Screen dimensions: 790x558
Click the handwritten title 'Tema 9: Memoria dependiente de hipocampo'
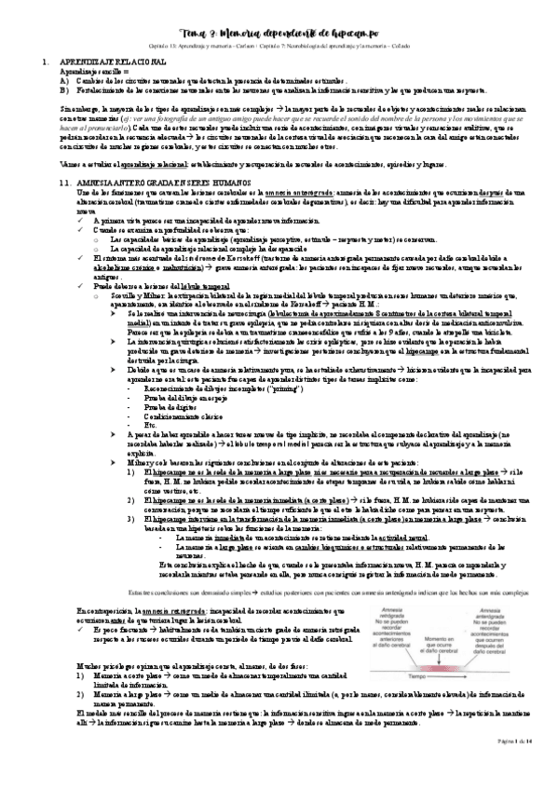pos(279,33)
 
